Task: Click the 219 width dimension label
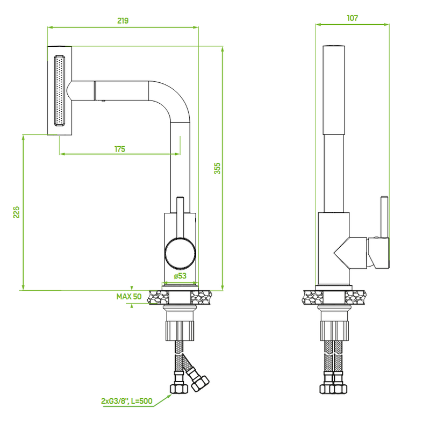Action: tap(123, 20)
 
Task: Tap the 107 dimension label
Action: tap(353, 18)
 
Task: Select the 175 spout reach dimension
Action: tap(120, 149)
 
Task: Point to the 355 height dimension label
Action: tap(217, 168)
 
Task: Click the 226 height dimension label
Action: tap(17, 212)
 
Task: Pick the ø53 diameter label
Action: tap(180, 276)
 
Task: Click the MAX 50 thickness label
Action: tap(129, 297)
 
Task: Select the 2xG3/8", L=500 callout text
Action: tap(127, 401)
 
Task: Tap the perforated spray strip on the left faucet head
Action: tap(59, 91)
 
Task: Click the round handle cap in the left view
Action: tap(180, 253)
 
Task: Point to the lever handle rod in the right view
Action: tap(384, 217)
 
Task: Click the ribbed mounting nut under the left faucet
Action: tap(180, 331)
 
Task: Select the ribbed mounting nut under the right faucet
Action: tap(334, 331)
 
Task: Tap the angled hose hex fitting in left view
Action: tap(200, 383)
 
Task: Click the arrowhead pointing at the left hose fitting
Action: tap(168, 397)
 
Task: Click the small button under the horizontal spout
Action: tap(103, 101)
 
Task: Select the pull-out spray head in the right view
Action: tap(333, 90)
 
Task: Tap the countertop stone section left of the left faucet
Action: tap(159, 298)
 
